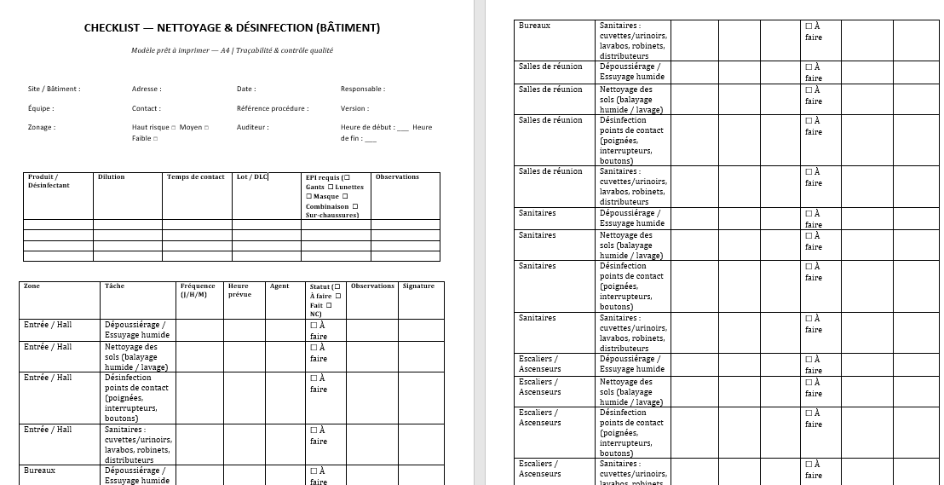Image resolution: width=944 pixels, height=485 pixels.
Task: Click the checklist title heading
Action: (x=232, y=28)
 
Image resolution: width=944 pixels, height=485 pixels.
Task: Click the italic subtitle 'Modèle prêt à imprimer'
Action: (x=232, y=50)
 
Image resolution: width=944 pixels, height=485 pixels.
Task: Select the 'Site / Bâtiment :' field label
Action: (x=54, y=89)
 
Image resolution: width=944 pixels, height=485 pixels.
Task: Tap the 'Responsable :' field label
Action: (x=362, y=89)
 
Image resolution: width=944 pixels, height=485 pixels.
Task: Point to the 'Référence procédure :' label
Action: (x=273, y=108)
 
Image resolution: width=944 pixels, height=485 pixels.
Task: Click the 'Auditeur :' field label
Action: (x=252, y=127)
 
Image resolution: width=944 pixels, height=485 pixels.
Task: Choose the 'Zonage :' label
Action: (x=42, y=127)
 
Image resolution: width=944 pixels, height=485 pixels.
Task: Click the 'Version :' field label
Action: (x=354, y=108)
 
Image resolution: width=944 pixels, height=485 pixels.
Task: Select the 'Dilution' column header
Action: (x=111, y=177)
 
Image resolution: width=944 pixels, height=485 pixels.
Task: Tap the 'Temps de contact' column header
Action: (x=196, y=177)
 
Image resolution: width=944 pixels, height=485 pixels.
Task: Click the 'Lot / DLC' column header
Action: (x=251, y=177)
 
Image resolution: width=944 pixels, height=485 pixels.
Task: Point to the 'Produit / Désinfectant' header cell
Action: (x=49, y=181)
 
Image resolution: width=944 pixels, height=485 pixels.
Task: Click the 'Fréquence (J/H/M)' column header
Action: (x=198, y=290)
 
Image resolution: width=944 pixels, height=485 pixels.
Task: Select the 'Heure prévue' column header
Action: (x=240, y=290)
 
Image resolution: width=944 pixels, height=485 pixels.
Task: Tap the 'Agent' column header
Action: (x=279, y=286)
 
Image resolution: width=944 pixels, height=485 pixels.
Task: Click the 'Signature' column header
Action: (x=418, y=286)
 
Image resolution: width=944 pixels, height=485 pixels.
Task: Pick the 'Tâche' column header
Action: (x=114, y=286)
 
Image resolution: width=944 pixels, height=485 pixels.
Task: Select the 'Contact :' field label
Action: (x=146, y=108)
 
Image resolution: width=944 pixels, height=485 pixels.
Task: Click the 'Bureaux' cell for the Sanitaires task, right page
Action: (x=534, y=26)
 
